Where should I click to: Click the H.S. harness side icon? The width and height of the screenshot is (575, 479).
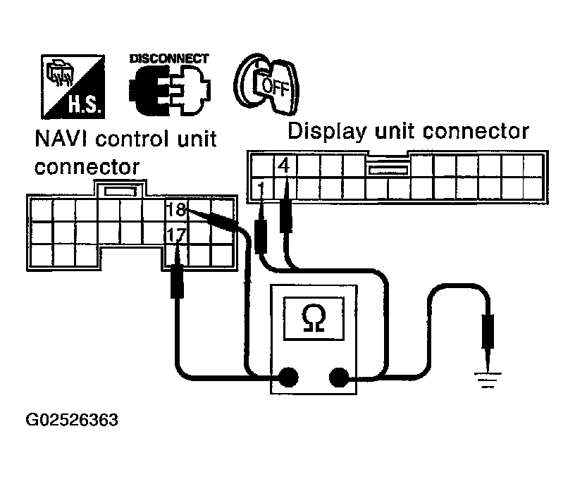click(x=73, y=86)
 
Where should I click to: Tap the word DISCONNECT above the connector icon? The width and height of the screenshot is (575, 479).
click(x=168, y=58)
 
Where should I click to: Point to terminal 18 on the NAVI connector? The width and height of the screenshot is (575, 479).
click(x=175, y=209)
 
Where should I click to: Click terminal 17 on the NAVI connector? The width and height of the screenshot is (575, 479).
click(x=175, y=232)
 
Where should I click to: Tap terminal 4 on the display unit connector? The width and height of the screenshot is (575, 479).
click(x=284, y=167)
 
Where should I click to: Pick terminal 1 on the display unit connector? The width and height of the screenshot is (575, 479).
click(x=261, y=188)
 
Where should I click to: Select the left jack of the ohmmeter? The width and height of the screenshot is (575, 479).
click(x=286, y=377)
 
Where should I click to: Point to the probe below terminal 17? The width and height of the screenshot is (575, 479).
click(x=177, y=282)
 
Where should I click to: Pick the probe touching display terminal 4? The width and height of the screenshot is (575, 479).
click(x=285, y=215)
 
